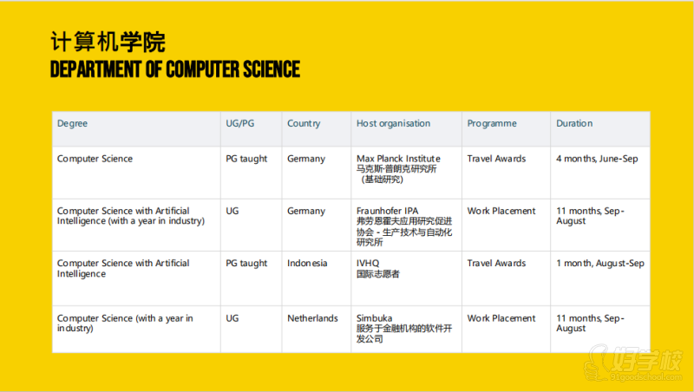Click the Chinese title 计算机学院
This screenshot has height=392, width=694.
(108, 42)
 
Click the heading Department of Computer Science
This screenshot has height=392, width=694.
(175, 69)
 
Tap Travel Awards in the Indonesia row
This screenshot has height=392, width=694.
(496, 264)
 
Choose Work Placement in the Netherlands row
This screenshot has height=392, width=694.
(501, 318)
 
